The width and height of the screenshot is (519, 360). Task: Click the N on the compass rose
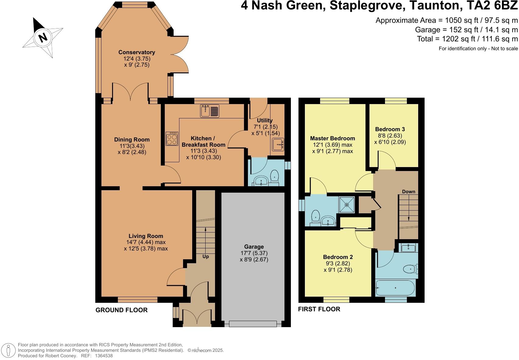click(43, 37)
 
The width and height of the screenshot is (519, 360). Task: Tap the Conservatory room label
click(136, 52)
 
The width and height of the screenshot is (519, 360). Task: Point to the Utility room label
click(264, 120)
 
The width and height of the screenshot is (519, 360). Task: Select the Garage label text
click(254, 246)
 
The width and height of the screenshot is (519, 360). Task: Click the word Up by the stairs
click(206, 257)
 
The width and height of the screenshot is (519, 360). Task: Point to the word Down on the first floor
click(408, 191)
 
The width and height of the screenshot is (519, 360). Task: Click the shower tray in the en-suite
click(347, 205)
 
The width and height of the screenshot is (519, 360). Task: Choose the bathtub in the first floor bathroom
click(395, 288)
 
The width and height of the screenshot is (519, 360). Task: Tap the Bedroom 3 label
click(390, 129)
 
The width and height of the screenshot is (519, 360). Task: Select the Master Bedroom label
click(332, 138)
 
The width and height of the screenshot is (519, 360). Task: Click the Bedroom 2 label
click(338, 257)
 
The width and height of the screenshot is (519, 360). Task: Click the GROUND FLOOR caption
click(122, 310)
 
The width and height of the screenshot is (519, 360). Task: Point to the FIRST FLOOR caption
click(319, 309)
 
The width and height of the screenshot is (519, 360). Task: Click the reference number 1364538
click(104, 355)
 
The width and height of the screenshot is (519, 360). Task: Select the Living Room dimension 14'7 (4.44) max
click(146, 242)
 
